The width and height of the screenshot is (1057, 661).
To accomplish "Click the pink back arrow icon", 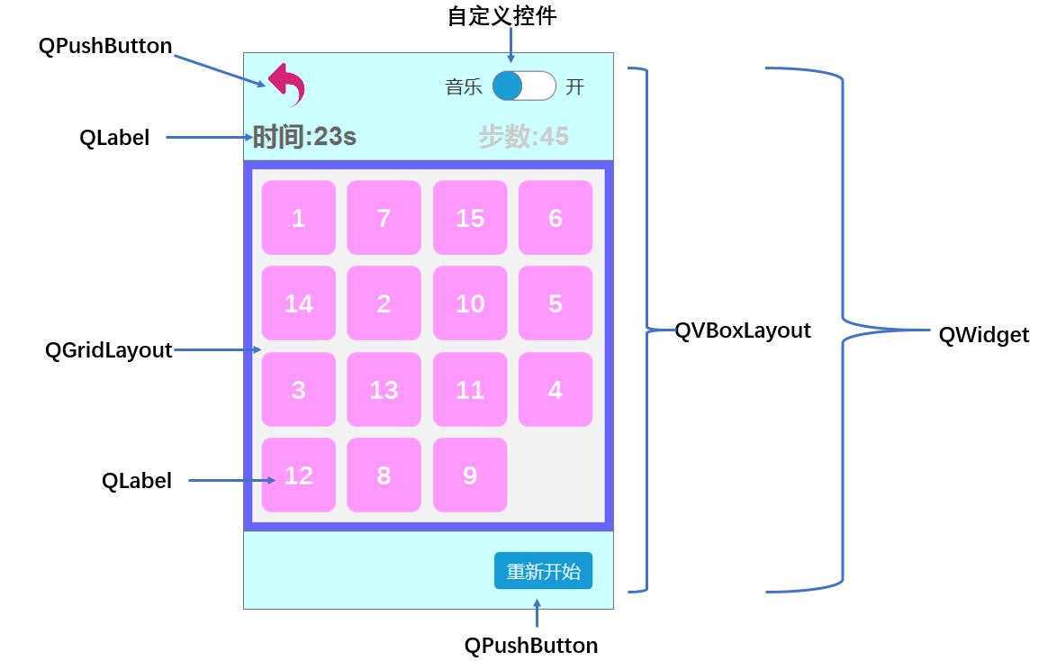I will click(x=287, y=85).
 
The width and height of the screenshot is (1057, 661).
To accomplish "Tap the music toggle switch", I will click(x=524, y=86).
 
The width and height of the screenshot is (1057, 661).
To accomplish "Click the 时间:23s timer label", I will click(x=304, y=137).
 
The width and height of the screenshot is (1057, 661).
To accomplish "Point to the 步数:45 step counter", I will click(x=523, y=137).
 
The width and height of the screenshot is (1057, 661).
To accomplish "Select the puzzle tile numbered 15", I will click(x=470, y=218).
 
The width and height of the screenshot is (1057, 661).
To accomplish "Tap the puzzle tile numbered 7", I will click(x=384, y=218).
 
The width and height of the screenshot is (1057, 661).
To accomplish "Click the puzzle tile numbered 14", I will click(x=298, y=303).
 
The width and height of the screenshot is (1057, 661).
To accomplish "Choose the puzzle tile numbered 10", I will click(x=470, y=303).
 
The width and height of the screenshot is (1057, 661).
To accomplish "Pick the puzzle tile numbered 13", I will click(x=384, y=390).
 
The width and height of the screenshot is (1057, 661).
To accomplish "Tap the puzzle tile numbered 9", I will click(x=470, y=475).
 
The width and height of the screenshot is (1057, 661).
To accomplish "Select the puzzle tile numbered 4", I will click(x=556, y=390).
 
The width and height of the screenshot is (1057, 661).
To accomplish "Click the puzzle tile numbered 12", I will click(x=298, y=475).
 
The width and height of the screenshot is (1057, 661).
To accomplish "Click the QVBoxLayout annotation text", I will click(x=743, y=330).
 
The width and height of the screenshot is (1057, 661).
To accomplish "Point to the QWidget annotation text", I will click(x=983, y=335).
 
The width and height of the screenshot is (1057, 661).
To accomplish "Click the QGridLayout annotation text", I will click(x=108, y=350).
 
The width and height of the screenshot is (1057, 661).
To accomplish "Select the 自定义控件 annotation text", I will click(x=501, y=16).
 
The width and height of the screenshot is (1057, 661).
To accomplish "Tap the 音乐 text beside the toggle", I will click(x=464, y=86).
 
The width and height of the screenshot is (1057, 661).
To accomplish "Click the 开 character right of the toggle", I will click(x=574, y=86).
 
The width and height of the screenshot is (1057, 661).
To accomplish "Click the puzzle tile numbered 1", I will click(x=298, y=218).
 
